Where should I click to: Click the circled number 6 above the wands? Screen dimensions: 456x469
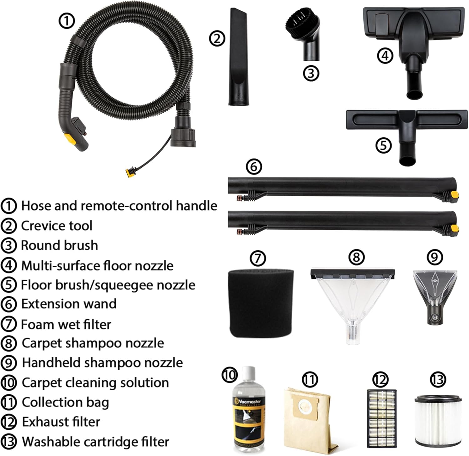click(x=254, y=167)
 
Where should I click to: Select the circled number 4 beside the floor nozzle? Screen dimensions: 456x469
click(x=385, y=56)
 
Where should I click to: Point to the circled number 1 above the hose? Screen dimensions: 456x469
click(x=67, y=22)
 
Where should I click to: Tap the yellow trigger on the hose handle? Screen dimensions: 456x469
click(x=70, y=139)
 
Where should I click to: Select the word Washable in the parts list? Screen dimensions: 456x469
click(x=50, y=442)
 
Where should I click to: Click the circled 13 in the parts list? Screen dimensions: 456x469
click(x=9, y=442)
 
